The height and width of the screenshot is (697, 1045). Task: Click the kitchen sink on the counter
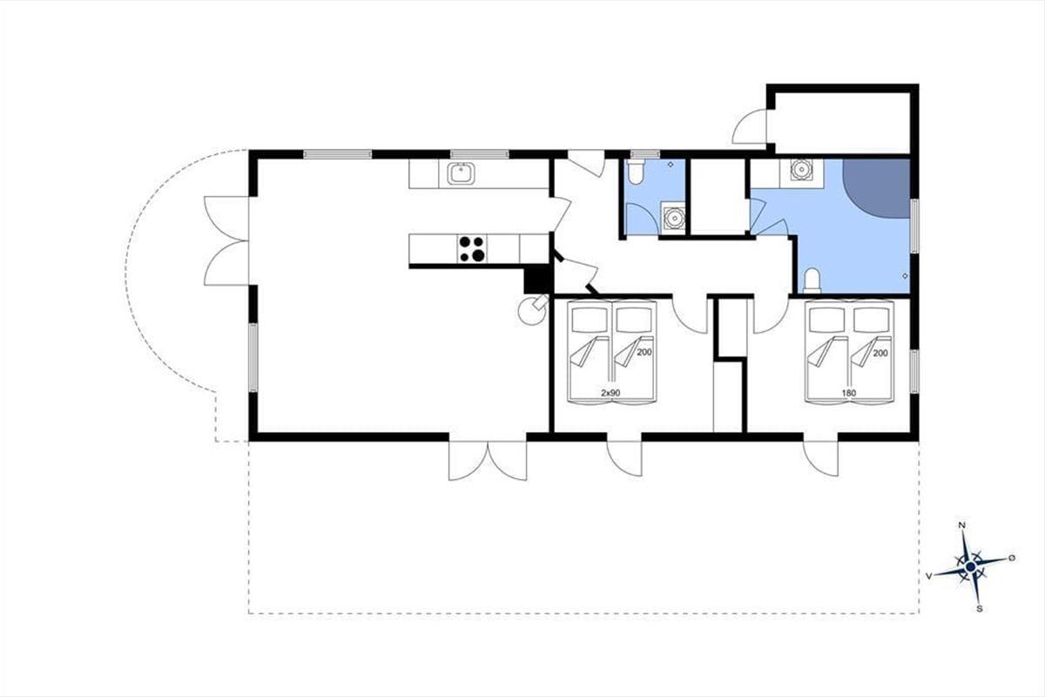[461, 173]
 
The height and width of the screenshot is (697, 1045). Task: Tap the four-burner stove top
[472, 248]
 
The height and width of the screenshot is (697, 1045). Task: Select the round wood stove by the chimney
[533, 309]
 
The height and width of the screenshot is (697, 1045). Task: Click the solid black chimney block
[538, 279]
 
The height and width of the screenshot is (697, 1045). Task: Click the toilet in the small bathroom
[636, 172]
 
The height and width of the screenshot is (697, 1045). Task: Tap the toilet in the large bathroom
[812, 281]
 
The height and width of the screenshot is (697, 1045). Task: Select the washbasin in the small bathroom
[672, 218]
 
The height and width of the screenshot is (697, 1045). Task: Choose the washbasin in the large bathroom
[801, 170]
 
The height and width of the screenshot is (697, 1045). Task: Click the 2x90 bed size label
[610, 393]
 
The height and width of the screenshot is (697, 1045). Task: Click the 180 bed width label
[849, 393]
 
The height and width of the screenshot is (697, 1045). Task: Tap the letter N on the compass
[961, 525]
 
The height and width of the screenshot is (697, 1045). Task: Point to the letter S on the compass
[980, 609]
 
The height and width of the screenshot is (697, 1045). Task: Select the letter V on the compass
[929, 577]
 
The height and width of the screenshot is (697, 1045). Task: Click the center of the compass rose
[971, 567]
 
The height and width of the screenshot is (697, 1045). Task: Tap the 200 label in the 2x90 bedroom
[644, 353]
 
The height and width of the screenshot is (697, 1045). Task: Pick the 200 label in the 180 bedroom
[880, 354]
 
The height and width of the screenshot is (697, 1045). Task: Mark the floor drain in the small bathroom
[671, 165]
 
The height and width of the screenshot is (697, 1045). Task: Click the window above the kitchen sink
[480, 154]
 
